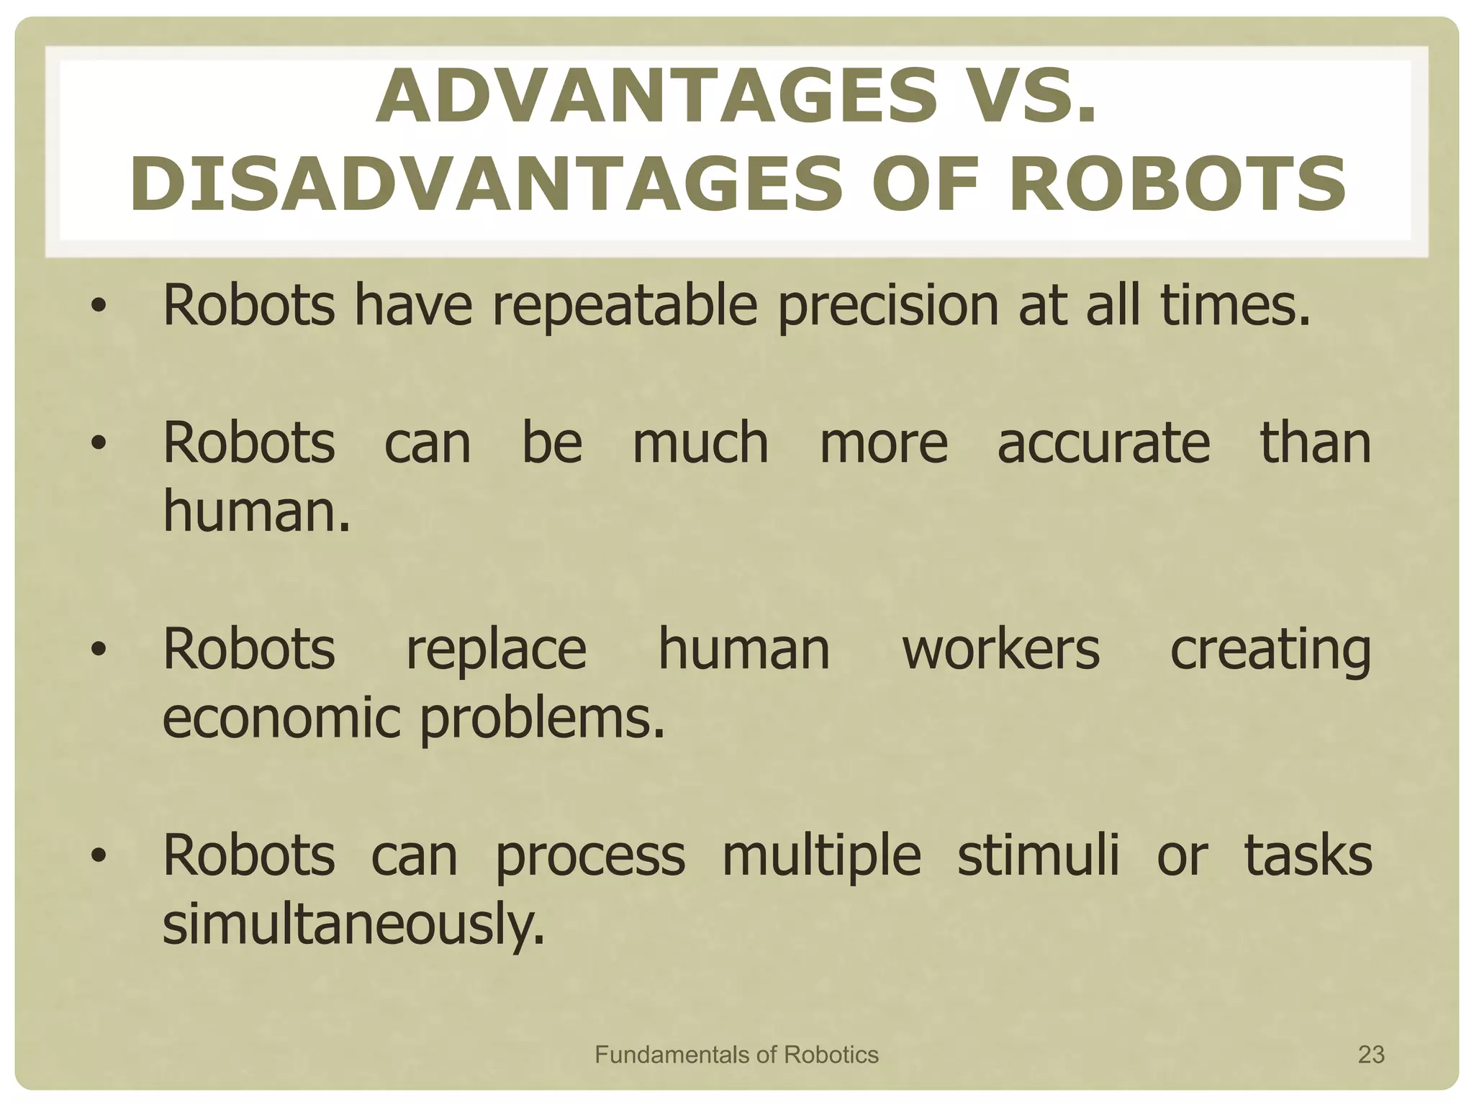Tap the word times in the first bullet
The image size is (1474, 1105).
(1234, 305)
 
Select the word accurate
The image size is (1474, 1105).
(1103, 443)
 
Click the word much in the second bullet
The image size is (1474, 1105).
(700, 442)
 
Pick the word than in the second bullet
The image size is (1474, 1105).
(1315, 442)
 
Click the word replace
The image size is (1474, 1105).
(496, 650)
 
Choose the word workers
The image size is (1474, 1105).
(1000, 649)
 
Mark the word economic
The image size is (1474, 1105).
(281, 718)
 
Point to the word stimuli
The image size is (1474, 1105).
(1038, 855)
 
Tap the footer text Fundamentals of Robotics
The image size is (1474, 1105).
(736, 1055)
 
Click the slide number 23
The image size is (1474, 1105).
(1370, 1055)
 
